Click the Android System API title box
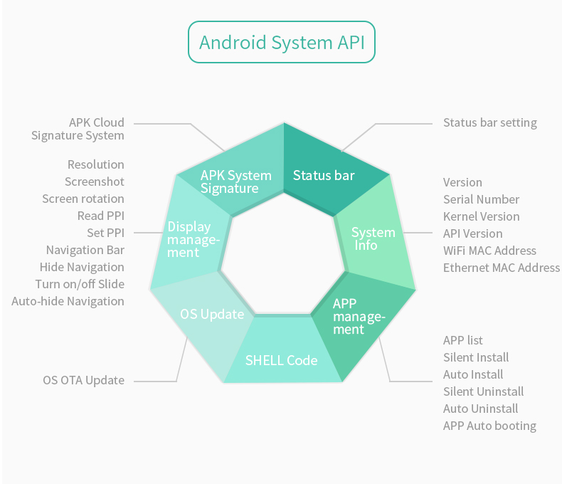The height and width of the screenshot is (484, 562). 281,42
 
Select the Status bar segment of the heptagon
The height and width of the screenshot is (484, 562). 324,175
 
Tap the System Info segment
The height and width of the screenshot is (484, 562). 374,239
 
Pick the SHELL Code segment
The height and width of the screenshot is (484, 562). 281,360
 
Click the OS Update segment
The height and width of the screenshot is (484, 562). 211,314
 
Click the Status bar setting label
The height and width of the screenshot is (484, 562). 489,122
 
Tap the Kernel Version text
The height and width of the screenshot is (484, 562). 481,216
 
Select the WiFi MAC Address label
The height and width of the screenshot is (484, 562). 489,251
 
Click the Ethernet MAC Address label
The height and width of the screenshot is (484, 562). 501,268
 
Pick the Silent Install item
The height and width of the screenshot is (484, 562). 476,357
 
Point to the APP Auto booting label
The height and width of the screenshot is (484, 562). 489,426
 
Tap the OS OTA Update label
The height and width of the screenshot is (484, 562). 83,380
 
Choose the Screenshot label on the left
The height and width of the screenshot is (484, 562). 95,181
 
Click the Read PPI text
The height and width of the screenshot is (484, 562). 100,216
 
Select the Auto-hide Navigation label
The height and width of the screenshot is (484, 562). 68,301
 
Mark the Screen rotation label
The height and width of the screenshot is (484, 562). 83,199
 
